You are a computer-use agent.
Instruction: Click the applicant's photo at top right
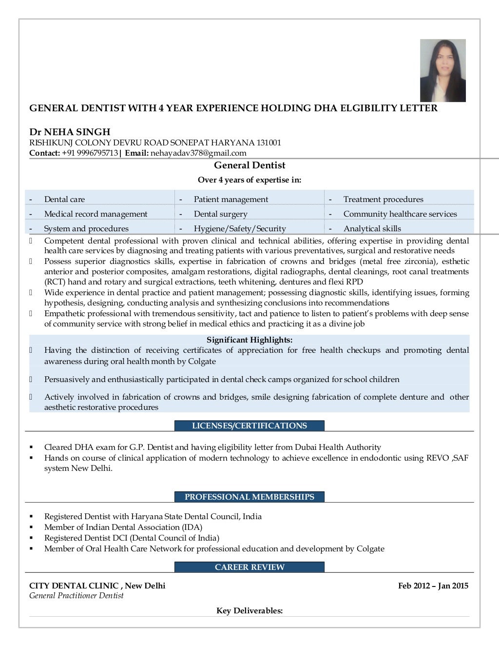click(442, 71)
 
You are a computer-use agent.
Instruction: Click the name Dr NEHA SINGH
click(70, 132)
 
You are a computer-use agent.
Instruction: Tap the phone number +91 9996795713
click(90, 153)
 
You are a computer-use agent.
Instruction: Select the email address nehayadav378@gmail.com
click(198, 153)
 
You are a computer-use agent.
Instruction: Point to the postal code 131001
click(269, 142)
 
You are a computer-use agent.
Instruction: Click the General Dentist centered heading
click(249, 165)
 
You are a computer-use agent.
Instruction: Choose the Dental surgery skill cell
click(220, 214)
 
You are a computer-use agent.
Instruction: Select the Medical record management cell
click(96, 214)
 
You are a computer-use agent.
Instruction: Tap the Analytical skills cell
click(372, 228)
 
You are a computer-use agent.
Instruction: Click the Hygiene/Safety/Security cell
click(240, 228)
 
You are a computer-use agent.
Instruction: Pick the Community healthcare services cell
click(400, 214)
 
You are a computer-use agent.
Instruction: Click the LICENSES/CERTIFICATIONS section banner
click(249, 425)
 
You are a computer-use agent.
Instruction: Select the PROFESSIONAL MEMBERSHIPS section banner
click(249, 497)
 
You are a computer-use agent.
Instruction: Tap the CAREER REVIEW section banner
click(249, 567)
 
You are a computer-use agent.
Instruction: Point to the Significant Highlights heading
click(249, 340)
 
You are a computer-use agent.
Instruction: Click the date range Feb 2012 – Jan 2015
click(433, 586)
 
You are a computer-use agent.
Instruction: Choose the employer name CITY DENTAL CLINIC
click(74, 586)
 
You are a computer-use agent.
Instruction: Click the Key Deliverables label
click(249, 610)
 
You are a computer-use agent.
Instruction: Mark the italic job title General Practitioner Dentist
click(77, 596)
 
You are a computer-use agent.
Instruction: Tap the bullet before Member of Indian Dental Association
click(31, 527)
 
